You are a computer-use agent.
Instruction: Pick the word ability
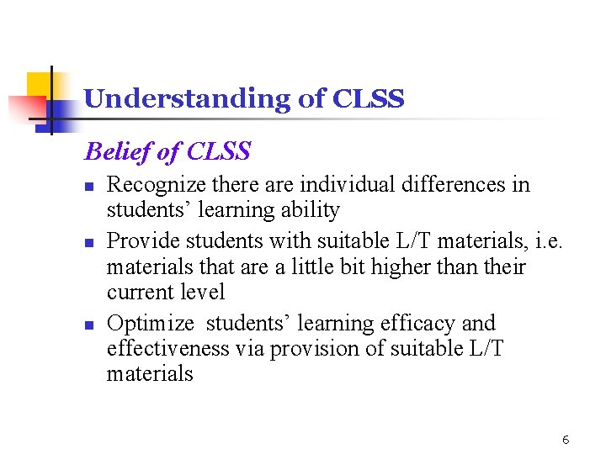[x=311, y=210]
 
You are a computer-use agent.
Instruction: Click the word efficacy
[x=417, y=324]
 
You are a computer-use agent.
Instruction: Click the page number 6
[x=566, y=440]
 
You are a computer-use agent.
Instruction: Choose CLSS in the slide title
[x=369, y=99]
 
